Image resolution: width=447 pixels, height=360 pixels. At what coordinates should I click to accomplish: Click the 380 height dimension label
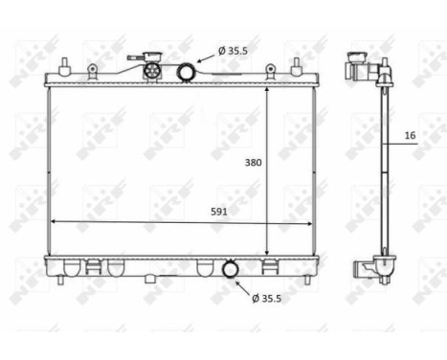tap(252, 163)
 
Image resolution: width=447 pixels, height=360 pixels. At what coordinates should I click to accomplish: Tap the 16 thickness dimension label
tap(410, 137)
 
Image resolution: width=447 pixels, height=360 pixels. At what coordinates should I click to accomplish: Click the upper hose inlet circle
tap(186, 70)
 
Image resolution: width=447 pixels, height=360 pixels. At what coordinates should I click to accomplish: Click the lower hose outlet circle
tap(231, 272)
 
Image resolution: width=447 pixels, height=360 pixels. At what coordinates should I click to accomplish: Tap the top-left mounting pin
tap(64, 66)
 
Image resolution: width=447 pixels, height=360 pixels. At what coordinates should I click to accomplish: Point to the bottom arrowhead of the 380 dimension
tap(267, 253)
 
